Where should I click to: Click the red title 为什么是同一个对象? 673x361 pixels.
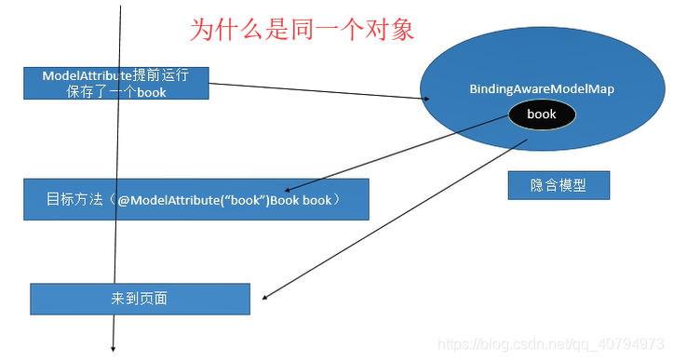pos(302,29)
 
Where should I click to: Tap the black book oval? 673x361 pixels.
pos(541,114)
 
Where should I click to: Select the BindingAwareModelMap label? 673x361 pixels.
pos(542,88)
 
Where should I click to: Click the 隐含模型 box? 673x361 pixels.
pos(559,185)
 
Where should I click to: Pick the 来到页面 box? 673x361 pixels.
pos(140,299)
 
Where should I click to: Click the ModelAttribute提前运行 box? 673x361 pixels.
pos(116,83)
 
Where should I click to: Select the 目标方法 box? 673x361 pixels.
pos(195,199)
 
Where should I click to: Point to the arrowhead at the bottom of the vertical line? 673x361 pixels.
pos(114,348)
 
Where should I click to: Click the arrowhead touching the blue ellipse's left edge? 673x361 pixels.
pos(425,99)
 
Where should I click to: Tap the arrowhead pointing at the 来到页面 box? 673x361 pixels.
pos(265,298)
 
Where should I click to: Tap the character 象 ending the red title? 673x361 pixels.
pos(402,29)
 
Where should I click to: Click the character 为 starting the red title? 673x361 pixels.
pos(202,29)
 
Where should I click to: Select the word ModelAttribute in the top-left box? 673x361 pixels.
pos(87,74)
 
